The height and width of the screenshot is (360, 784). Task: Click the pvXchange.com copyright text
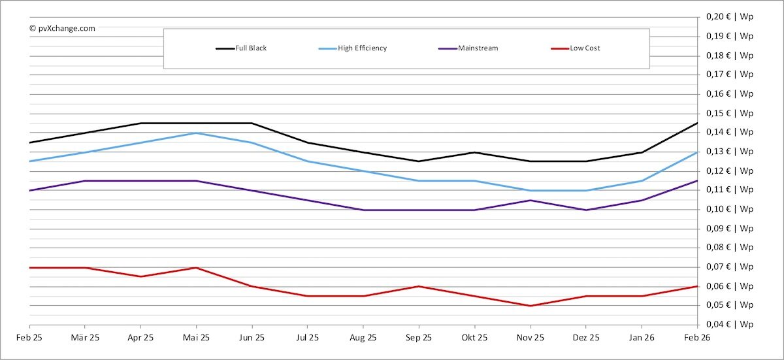click(62, 28)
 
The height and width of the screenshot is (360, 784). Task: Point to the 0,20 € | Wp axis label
click(730, 17)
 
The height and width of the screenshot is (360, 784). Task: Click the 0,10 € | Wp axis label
click(730, 209)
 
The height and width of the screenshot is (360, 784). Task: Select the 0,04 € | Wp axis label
click(730, 325)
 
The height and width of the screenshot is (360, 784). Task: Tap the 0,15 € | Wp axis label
click(730, 113)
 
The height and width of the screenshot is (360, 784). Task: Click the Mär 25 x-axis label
click(85, 338)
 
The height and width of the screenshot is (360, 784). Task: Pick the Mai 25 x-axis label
click(196, 338)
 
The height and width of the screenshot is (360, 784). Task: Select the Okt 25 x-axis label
click(474, 338)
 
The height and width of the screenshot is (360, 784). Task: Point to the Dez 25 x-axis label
click(585, 338)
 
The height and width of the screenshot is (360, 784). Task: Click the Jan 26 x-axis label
click(641, 338)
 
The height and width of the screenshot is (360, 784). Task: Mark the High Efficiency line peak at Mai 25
click(196, 133)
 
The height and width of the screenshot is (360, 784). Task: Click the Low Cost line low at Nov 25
click(530, 306)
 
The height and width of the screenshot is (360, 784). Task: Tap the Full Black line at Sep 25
click(419, 161)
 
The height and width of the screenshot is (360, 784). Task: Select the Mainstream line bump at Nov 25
click(530, 200)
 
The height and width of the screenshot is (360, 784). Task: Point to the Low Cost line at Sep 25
click(419, 286)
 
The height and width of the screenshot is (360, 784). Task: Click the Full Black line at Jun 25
click(252, 123)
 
